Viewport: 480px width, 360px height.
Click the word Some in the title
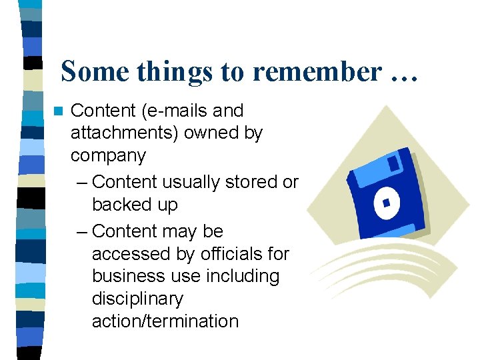[x=95, y=71]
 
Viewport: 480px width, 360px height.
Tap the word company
[x=108, y=156]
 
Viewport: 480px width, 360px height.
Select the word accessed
[x=130, y=254]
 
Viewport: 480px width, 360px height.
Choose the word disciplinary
[x=137, y=299]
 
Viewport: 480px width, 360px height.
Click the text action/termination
[x=165, y=321]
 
